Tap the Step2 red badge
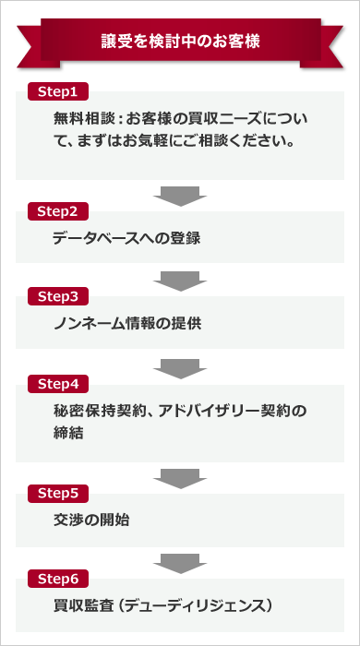point(64,210)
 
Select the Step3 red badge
point(64,296)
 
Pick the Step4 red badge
point(64,382)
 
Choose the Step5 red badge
point(64,493)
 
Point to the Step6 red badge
point(64,579)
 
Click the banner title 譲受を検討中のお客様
point(180,42)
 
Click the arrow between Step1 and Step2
point(180,194)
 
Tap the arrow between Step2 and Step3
point(180,280)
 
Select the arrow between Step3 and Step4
point(180,365)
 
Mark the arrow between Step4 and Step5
point(180,476)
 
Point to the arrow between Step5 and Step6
point(180,562)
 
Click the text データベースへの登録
point(126,237)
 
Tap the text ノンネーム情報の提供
point(126,323)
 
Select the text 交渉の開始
point(91,520)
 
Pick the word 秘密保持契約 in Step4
point(98,410)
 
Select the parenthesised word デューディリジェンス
point(200,605)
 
